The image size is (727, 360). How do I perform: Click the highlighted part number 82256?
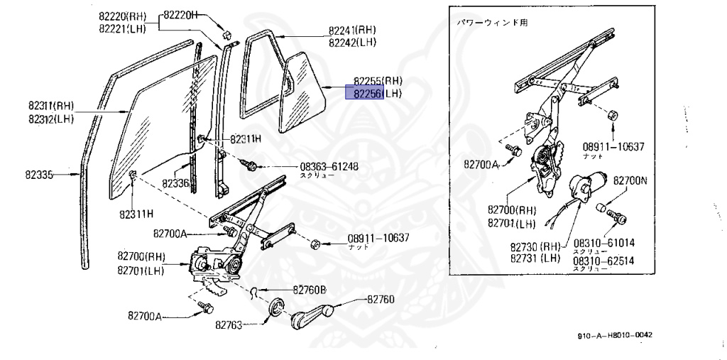(x=364, y=94)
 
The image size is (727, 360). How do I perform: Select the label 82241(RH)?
(x=352, y=31)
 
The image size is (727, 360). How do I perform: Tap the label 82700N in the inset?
(x=630, y=181)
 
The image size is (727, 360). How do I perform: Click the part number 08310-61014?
(x=604, y=242)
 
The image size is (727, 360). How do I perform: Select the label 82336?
(x=175, y=182)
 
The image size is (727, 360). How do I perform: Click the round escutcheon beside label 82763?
(x=273, y=310)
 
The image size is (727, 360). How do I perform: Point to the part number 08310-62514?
(x=604, y=261)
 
